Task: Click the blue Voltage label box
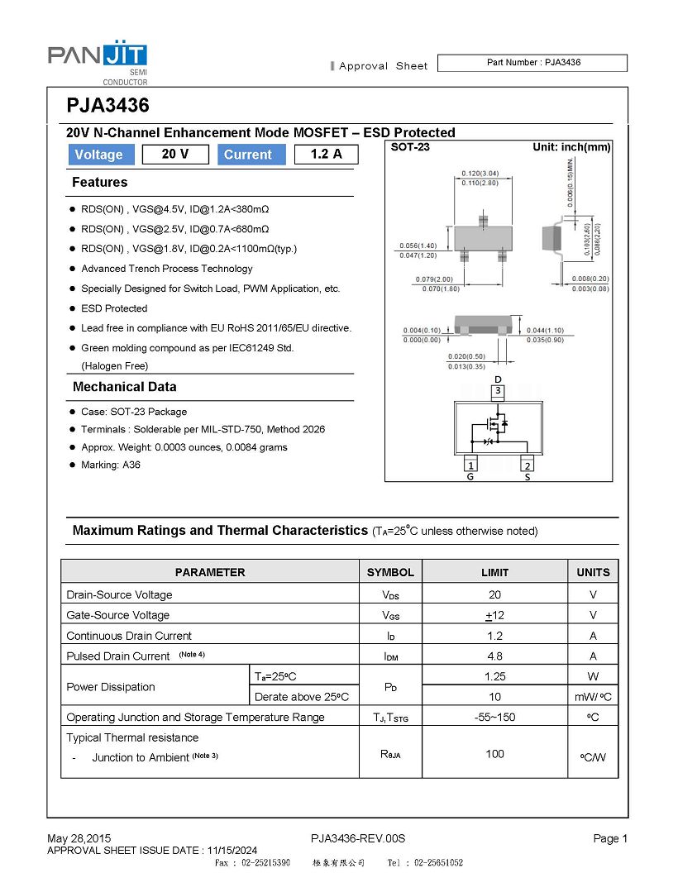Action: click(x=98, y=155)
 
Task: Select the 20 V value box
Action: click(x=174, y=155)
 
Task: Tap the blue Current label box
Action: click(x=248, y=155)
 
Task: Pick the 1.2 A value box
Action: click(x=326, y=155)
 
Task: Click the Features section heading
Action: click(x=100, y=182)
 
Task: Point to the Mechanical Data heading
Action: click(x=124, y=387)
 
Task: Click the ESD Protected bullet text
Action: click(x=114, y=308)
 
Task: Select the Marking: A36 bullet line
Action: click(x=111, y=465)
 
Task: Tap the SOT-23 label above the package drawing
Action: click(x=410, y=147)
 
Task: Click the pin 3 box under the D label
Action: click(x=498, y=391)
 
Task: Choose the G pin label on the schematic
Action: click(x=470, y=476)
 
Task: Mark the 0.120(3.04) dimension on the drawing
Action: click(x=480, y=174)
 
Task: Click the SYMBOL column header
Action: click(x=390, y=572)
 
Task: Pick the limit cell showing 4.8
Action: click(x=494, y=656)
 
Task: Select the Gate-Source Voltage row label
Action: click(x=117, y=615)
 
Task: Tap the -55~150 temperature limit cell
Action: click(x=494, y=717)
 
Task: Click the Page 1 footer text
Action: click(x=610, y=838)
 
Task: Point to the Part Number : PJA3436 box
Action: click(x=532, y=63)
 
